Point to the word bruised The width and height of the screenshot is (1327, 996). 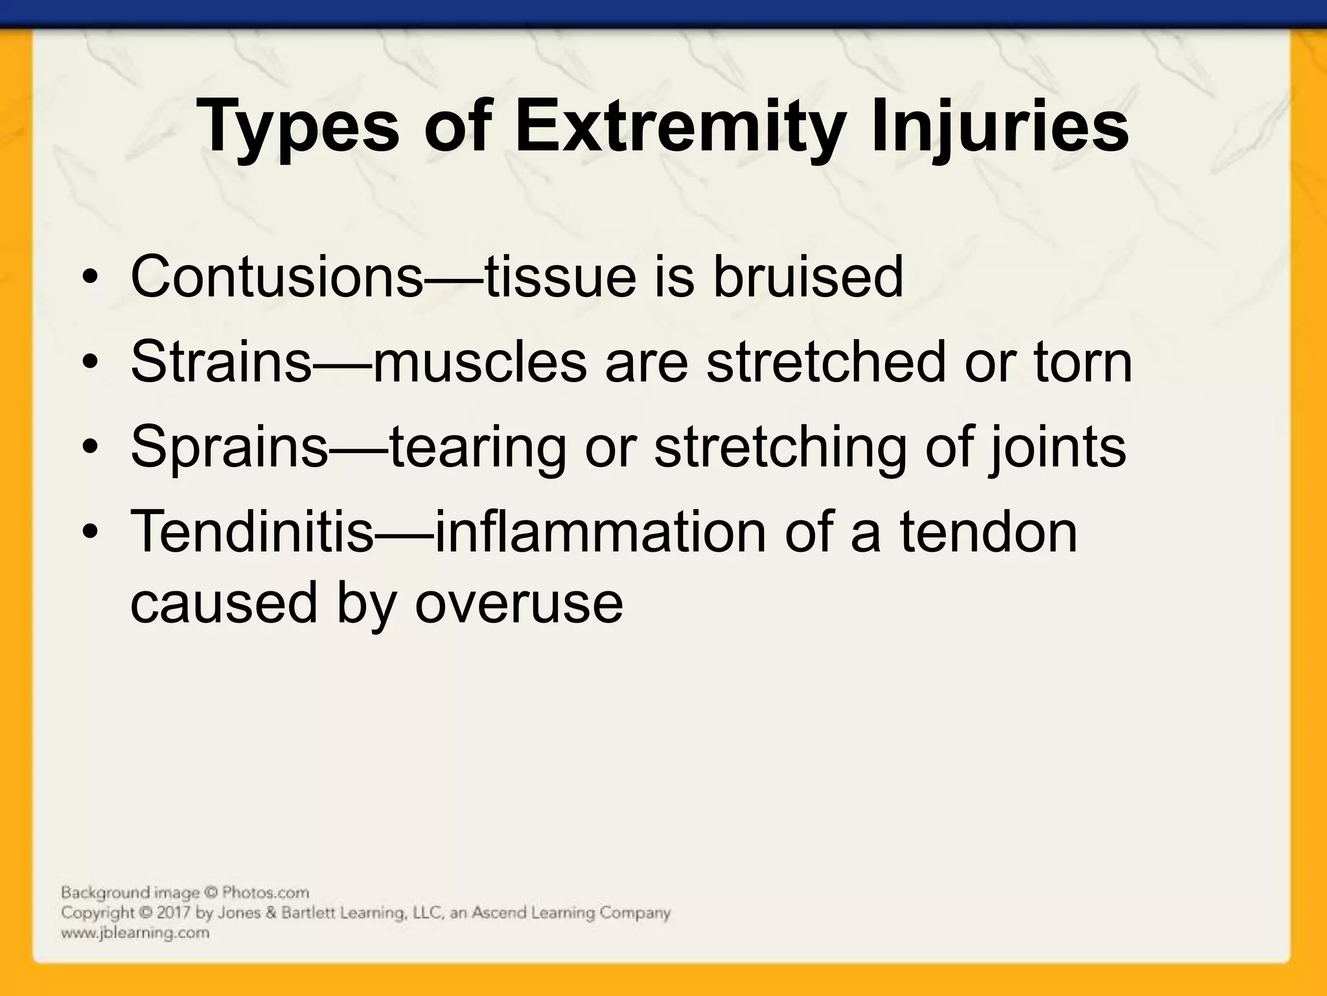pos(808,276)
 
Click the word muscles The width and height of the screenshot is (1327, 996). pos(480,361)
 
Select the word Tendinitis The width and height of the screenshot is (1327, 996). pos(253,531)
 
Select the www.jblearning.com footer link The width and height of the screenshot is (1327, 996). pos(135,933)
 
